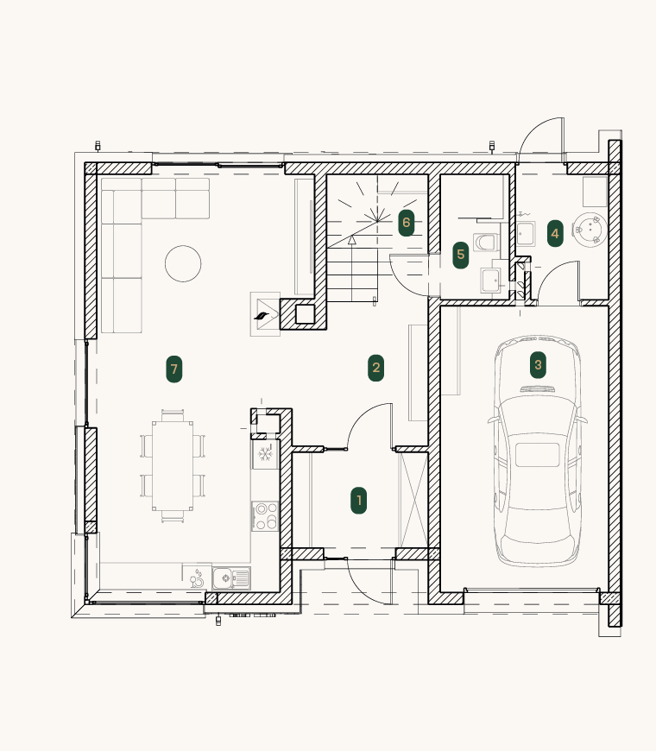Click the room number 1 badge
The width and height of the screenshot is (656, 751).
[x=359, y=501]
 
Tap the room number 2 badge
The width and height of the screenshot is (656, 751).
[x=375, y=368]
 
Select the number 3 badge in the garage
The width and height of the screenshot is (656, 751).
[x=538, y=365]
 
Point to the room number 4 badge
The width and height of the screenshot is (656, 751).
[x=555, y=233]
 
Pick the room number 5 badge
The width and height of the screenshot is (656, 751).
[x=461, y=255]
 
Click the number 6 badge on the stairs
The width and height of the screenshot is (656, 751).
[x=406, y=222]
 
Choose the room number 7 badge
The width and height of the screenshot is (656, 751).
[x=173, y=369]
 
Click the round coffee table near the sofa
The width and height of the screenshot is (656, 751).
[x=183, y=263]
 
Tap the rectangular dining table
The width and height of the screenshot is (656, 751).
[x=173, y=465]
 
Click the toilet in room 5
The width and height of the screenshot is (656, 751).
[x=486, y=242]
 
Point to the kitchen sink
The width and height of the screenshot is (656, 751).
[x=231, y=578]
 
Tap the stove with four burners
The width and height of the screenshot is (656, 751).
[x=265, y=515]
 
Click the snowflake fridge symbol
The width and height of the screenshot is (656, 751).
[x=265, y=453]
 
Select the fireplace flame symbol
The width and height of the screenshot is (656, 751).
[x=262, y=316]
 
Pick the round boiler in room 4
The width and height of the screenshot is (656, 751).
[x=590, y=230]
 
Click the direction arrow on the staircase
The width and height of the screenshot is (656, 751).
[x=352, y=240]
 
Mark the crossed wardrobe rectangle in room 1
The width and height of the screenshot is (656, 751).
[x=413, y=500]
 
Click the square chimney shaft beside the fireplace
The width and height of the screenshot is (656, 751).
[x=305, y=314]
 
